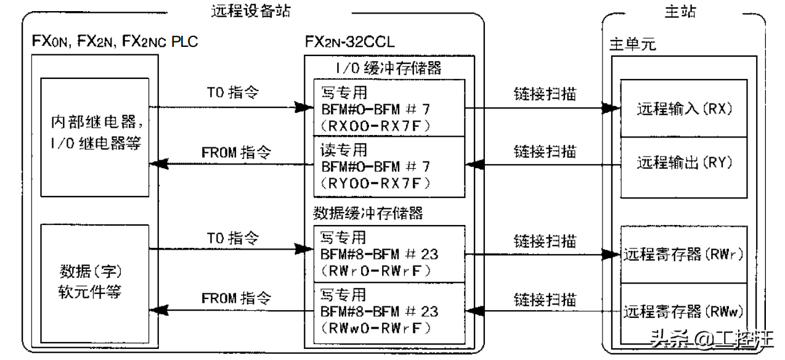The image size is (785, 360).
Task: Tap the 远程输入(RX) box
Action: coord(683,108)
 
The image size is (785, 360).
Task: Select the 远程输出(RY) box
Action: coord(683,163)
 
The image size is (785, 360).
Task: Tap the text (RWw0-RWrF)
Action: coord(373,327)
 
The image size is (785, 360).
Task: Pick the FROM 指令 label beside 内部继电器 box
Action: coord(236,152)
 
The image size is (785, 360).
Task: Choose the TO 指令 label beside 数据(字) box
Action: coord(236,237)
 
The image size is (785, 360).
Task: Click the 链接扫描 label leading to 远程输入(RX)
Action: coord(545,94)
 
